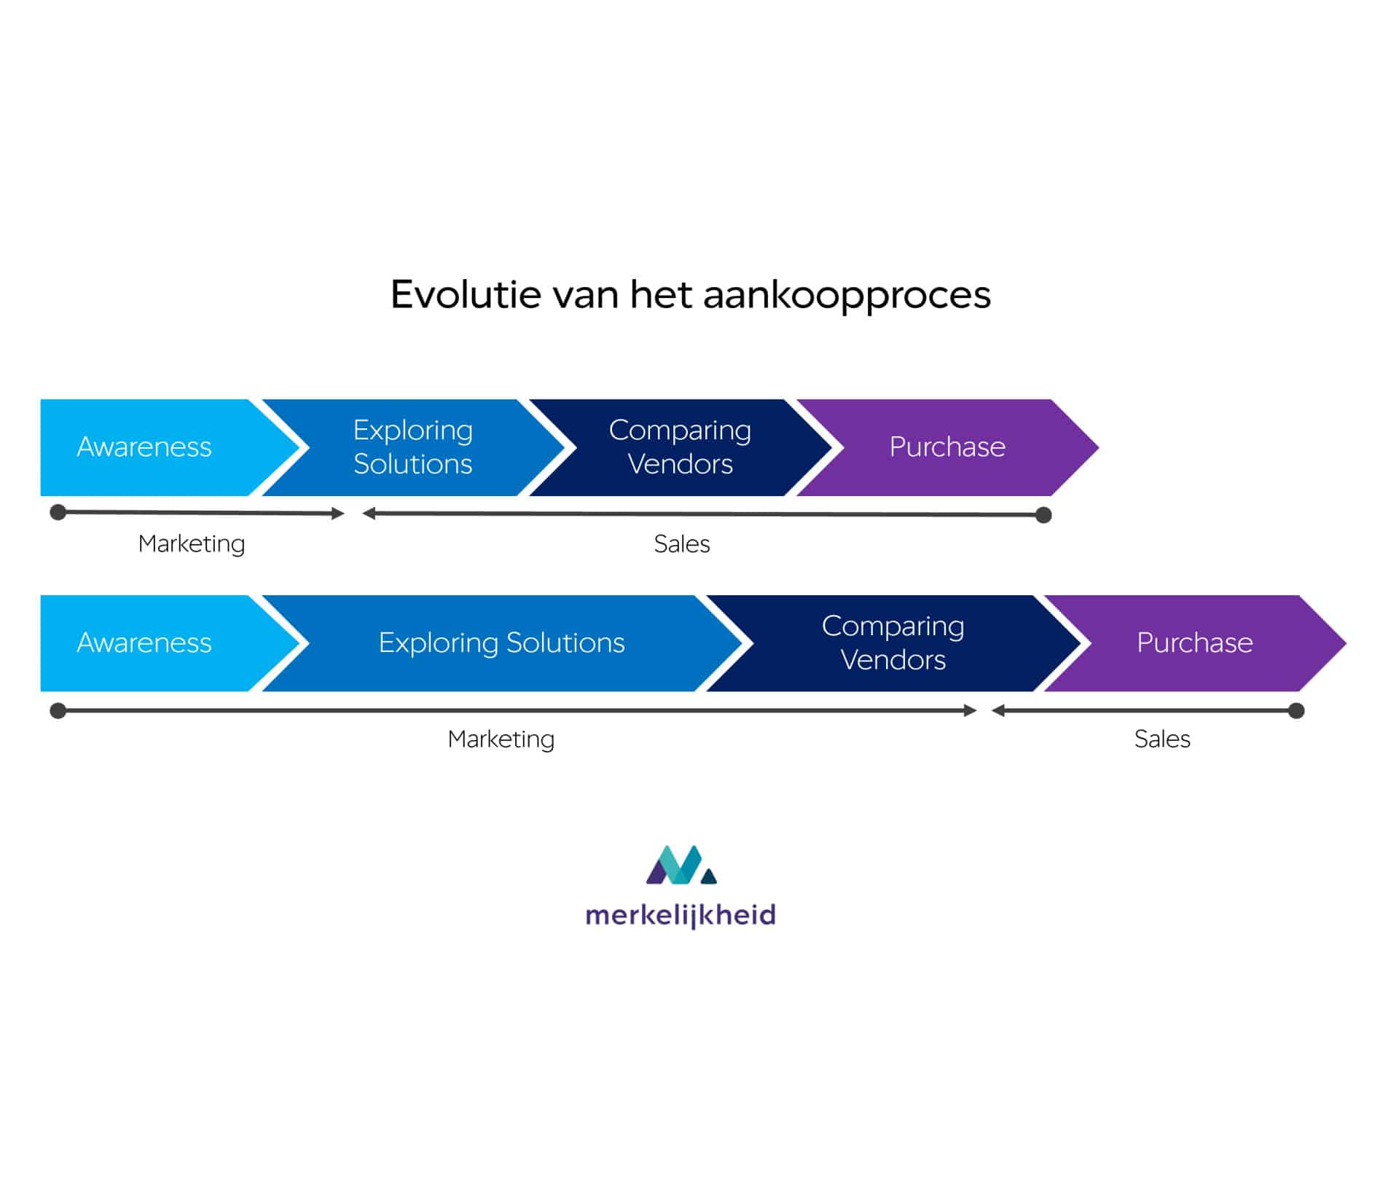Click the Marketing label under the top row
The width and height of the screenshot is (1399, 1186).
pyautogui.click(x=192, y=544)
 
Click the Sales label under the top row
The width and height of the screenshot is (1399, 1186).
pyautogui.click(x=682, y=543)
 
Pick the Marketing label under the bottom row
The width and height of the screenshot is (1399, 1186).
pyautogui.click(x=501, y=739)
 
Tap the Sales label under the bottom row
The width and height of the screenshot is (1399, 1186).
pyautogui.click(x=1162, y=739)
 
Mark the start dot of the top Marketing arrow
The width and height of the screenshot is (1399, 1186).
pyautogui.click(x=58, y=512)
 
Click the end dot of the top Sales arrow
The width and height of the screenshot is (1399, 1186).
pyautogui.click(x=1043, y=515)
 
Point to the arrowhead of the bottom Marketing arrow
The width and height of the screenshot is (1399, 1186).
pyautogui.click(x=971, y=710)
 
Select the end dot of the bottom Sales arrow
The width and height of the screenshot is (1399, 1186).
pyautogui.click(x=1296, y=710)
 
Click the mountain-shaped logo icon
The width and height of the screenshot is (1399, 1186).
pyautogui.click(x=681, y=865)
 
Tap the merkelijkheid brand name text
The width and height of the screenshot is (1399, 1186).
pyautogui.click(x=681, y=916)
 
